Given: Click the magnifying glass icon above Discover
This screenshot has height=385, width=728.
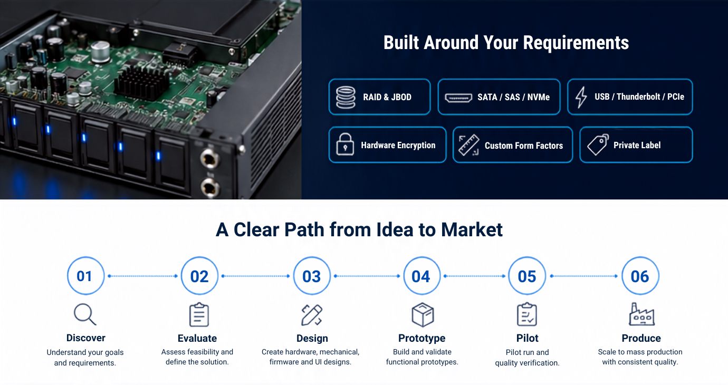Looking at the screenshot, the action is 85,314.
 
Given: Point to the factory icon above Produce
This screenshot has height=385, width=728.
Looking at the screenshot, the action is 642,314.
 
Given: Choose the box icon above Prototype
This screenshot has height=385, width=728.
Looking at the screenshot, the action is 423,314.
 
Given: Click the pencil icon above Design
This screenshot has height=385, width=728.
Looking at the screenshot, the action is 312,315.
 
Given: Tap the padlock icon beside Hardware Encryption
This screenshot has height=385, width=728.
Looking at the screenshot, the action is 345,144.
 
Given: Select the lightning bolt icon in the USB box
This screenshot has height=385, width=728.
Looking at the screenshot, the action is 581,97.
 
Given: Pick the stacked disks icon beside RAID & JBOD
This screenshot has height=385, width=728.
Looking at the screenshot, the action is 346,97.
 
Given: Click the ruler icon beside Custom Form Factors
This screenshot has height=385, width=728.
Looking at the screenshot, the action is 468,145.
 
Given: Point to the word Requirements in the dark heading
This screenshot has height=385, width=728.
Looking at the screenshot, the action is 576,43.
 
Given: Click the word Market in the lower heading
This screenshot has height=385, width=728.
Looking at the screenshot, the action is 472,230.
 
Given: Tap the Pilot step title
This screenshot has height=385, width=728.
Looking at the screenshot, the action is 527,338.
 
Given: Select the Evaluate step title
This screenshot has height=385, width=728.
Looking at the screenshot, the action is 197,338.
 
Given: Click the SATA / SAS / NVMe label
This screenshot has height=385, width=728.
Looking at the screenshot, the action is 513,97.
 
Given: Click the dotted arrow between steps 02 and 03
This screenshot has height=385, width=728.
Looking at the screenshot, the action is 255,276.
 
